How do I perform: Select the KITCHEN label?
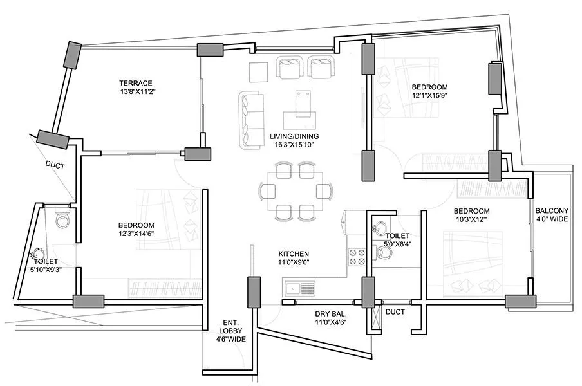[294, 254]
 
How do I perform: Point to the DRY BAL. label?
[331, 314]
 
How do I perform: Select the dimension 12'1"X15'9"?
[429, 95]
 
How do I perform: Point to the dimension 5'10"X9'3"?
[46, 270]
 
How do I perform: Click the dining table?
[296, 192]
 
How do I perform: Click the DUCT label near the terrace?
[54, 165]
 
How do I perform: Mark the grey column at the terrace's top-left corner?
[71, 56]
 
